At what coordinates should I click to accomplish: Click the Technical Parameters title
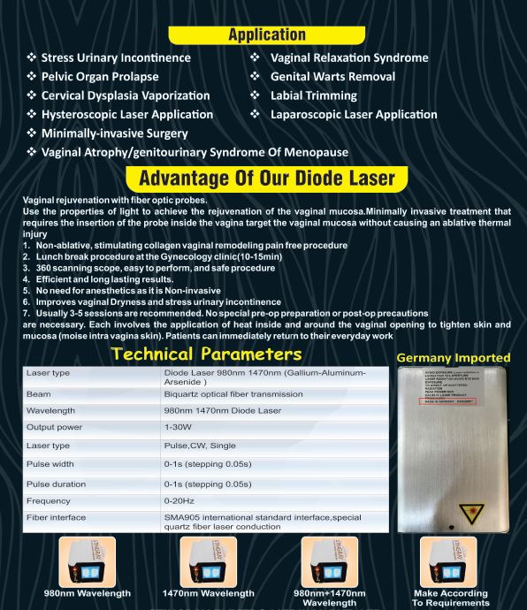[206, 353]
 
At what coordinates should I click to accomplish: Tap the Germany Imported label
[452, 357]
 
